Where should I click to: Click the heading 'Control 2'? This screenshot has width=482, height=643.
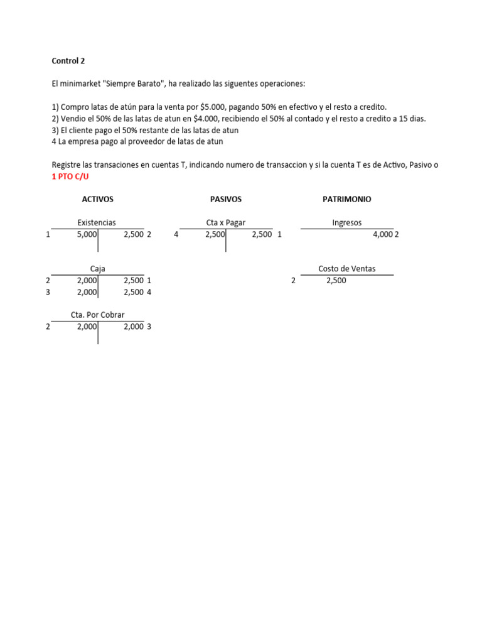68,62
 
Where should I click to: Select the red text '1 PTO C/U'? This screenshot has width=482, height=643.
70,177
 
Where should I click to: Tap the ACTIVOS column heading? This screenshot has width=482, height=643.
97,199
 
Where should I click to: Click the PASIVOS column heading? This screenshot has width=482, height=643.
226,199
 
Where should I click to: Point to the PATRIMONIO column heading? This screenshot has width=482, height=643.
346,199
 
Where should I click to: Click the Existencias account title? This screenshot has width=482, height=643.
97,222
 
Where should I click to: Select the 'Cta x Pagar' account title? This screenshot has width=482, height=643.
225,222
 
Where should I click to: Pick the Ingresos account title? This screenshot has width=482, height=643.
346,222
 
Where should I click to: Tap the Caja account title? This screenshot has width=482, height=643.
97,269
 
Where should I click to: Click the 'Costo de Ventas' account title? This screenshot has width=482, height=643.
346,269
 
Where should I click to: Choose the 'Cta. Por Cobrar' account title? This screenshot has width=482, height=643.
97,315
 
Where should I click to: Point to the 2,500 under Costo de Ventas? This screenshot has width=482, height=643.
336,281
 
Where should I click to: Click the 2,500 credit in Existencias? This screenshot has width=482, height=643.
133,234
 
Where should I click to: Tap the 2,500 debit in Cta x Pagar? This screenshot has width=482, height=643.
215,234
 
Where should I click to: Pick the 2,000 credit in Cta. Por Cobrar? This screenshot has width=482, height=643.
133,327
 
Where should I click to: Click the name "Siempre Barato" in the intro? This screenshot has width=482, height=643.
129,84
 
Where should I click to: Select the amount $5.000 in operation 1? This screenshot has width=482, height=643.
213,107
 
